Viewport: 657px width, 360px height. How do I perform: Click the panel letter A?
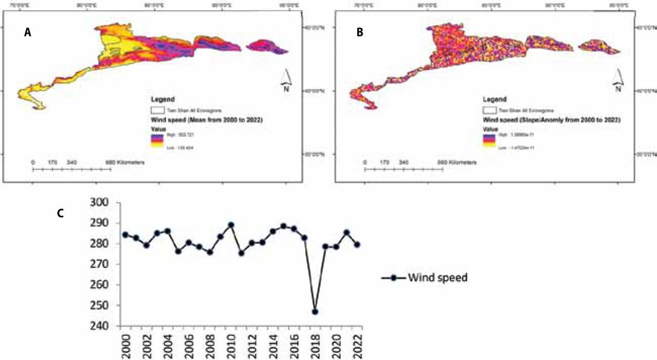(x=28, y=32)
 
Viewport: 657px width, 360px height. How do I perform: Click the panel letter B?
(x=360, y=32)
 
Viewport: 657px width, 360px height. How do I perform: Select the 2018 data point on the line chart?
(x=315, y=312)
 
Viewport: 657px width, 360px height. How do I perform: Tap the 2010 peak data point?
(x=231, y=225)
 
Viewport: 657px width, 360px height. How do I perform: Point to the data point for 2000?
(x=125, y=235)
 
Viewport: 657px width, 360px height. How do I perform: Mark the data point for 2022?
(x=357, y=244)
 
